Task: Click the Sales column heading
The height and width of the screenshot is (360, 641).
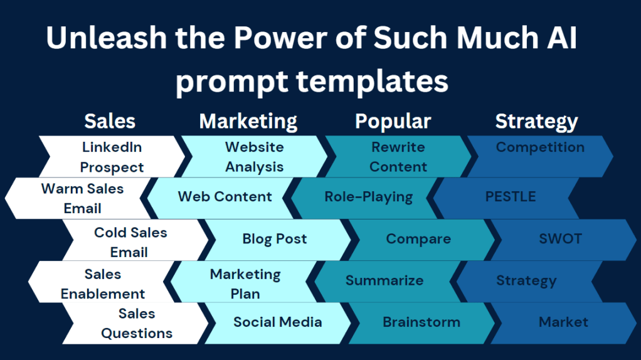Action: [110, 121]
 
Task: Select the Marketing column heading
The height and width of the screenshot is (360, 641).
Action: [248, 122]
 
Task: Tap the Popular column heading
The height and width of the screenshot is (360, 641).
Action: [393, 122]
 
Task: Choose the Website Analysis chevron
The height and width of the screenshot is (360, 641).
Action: [254, 157]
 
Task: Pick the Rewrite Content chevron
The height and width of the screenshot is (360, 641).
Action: [398, 157]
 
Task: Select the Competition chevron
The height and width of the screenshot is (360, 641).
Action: [540, 157]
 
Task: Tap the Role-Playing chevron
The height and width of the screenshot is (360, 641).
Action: [368, 198]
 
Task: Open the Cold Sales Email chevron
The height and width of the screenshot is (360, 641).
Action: [135, 240]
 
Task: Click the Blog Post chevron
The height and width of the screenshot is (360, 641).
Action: [278, 240]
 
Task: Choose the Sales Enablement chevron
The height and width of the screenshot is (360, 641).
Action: [102, 282]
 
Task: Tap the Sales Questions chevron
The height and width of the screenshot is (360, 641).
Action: [135, 323]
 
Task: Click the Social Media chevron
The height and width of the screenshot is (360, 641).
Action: [278, 323]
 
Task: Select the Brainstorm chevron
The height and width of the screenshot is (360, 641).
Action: [421, 323]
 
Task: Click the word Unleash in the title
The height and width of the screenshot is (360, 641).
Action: [107, 38]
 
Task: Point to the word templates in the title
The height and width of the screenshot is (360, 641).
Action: [372, 81]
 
